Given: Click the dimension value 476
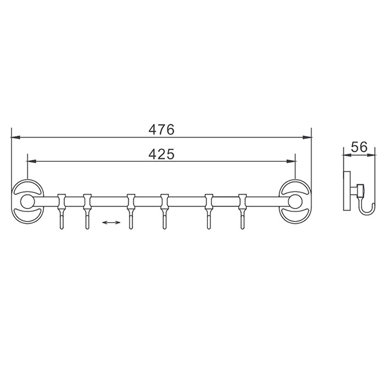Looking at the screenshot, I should pos(161,129).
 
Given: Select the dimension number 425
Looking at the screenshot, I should pos(161,154).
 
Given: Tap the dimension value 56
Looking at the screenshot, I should pos(359,146).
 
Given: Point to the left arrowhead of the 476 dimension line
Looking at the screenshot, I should pos(15,137).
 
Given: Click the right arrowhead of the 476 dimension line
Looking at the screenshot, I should pos(308,137).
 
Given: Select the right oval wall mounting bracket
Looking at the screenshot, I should pos(297,202).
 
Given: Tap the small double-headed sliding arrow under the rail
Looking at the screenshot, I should pos(111,223).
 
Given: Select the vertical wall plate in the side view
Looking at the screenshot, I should pos(347,191).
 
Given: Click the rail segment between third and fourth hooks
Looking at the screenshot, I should pos(147,202).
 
